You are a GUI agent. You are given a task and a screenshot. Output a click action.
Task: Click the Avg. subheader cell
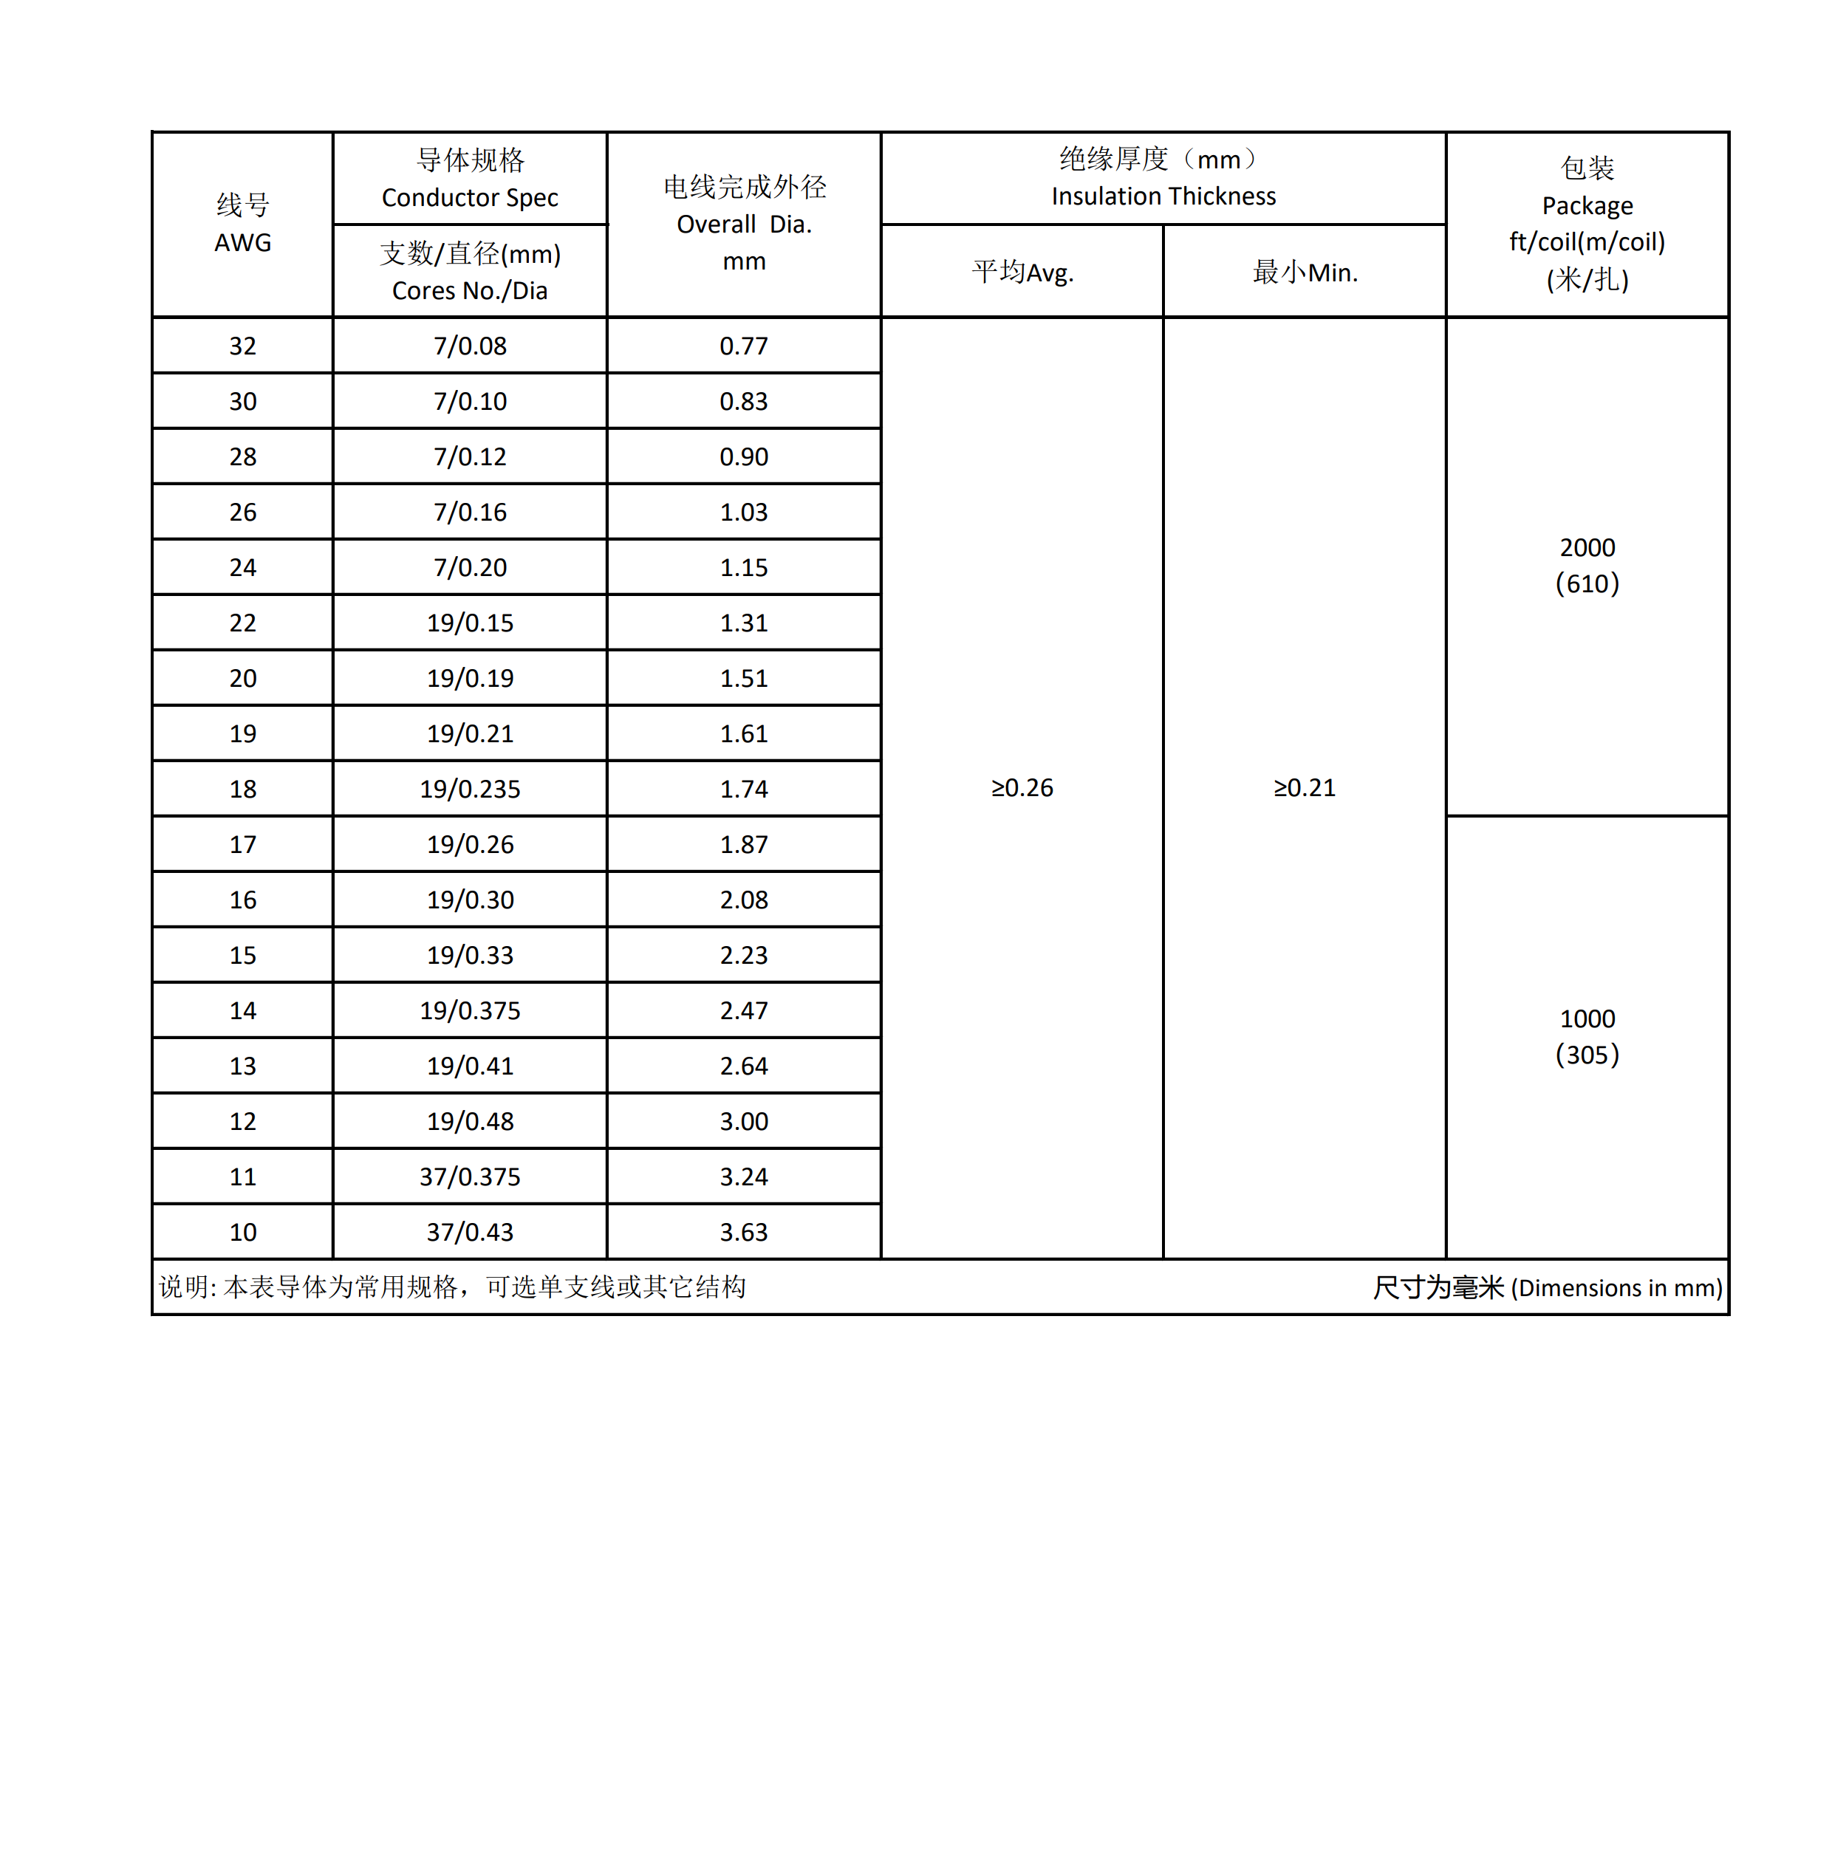[x=1022, y=273]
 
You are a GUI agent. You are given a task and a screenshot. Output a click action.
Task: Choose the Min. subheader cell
[x=1304, y=273]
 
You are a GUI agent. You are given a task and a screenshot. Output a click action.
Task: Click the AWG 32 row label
[x=243, y=346]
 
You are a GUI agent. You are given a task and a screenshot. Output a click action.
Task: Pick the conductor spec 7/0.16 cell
[x=469, y=512]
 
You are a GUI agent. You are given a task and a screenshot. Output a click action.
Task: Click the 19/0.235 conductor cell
[x=469, y=790]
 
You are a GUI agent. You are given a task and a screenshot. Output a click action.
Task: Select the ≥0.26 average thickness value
[x=1022, y=787]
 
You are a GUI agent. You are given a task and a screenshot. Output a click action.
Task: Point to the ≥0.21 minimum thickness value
[x=1304, y=787]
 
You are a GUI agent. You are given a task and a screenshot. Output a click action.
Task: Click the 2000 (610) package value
[x=1587, y=565]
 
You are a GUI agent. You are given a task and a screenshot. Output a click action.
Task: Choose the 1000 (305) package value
[x=1587, y=1036]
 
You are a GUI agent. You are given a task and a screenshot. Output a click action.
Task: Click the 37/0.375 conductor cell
[x=469, y=1176]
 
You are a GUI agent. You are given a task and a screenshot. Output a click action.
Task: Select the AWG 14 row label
[x=243, y=1011]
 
